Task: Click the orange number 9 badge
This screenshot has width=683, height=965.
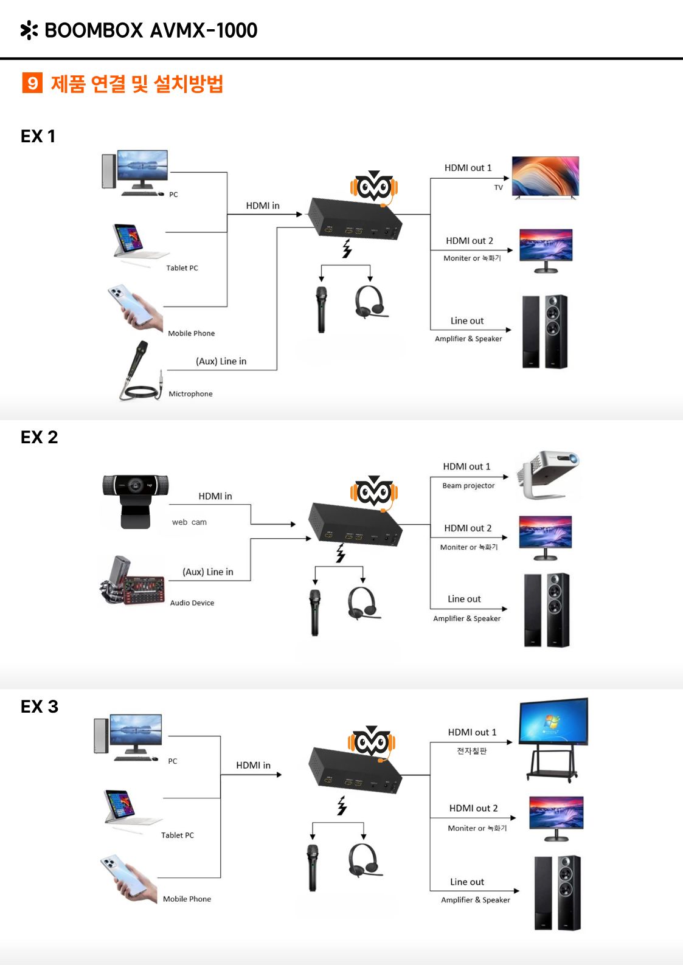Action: [32, 83]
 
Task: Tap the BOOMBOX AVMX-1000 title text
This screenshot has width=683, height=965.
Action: [151, 30]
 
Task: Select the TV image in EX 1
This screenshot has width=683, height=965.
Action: [545, 177]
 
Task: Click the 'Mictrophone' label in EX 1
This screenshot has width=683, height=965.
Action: [190, 394]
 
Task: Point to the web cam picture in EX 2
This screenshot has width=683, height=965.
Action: [135, 500]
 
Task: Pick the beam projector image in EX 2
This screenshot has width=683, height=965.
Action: [549, 474]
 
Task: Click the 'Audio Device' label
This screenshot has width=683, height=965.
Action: [192, 603]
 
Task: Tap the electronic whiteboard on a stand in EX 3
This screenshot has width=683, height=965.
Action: [553, 738]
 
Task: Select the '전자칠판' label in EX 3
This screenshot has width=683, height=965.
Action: [472, 751]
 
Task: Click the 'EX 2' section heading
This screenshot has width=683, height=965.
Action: [39, 437]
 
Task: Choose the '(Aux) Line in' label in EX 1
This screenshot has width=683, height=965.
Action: [221, 361]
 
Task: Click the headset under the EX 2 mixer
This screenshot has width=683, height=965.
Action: [363, 603]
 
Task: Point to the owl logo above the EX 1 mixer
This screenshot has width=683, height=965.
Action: [374, 187]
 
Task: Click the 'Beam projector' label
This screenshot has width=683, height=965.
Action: [468, 486]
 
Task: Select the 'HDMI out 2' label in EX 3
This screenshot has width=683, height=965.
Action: [473, 808]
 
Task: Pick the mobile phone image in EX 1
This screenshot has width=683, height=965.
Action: [135, 307]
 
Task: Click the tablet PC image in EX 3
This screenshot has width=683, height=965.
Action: [124, 808]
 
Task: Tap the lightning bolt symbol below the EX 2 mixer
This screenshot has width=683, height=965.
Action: [341, 553]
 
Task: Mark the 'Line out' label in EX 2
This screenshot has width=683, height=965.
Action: [464, 599]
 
